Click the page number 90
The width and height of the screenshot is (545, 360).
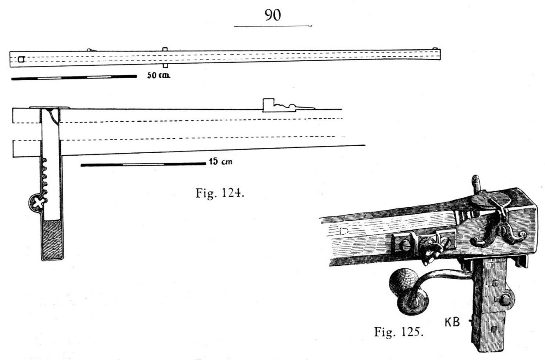[273, 15]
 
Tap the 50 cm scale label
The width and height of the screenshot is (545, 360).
[159, 75]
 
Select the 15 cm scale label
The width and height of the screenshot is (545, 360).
[221, 161]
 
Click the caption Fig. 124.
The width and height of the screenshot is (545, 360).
[220, 193]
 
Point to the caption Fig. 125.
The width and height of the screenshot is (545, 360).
[399, 332]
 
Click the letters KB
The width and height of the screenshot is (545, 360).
[452, 322]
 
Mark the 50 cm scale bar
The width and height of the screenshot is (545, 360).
[74, 78]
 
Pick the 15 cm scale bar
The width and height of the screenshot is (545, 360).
[143, 165]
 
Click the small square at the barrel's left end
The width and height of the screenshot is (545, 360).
[21, 59]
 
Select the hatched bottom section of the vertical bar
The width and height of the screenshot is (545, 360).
[52, 240]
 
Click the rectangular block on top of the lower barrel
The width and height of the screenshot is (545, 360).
[269, 105]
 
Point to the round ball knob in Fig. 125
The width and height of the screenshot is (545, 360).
[401, 280]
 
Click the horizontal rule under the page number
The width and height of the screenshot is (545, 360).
[273, 26]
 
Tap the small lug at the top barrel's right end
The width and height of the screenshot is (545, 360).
[435, 48]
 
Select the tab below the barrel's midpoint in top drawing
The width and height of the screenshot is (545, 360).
[165, 66]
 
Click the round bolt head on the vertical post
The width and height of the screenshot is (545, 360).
[505, 299]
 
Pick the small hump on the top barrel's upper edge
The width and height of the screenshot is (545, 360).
[91, 50]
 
